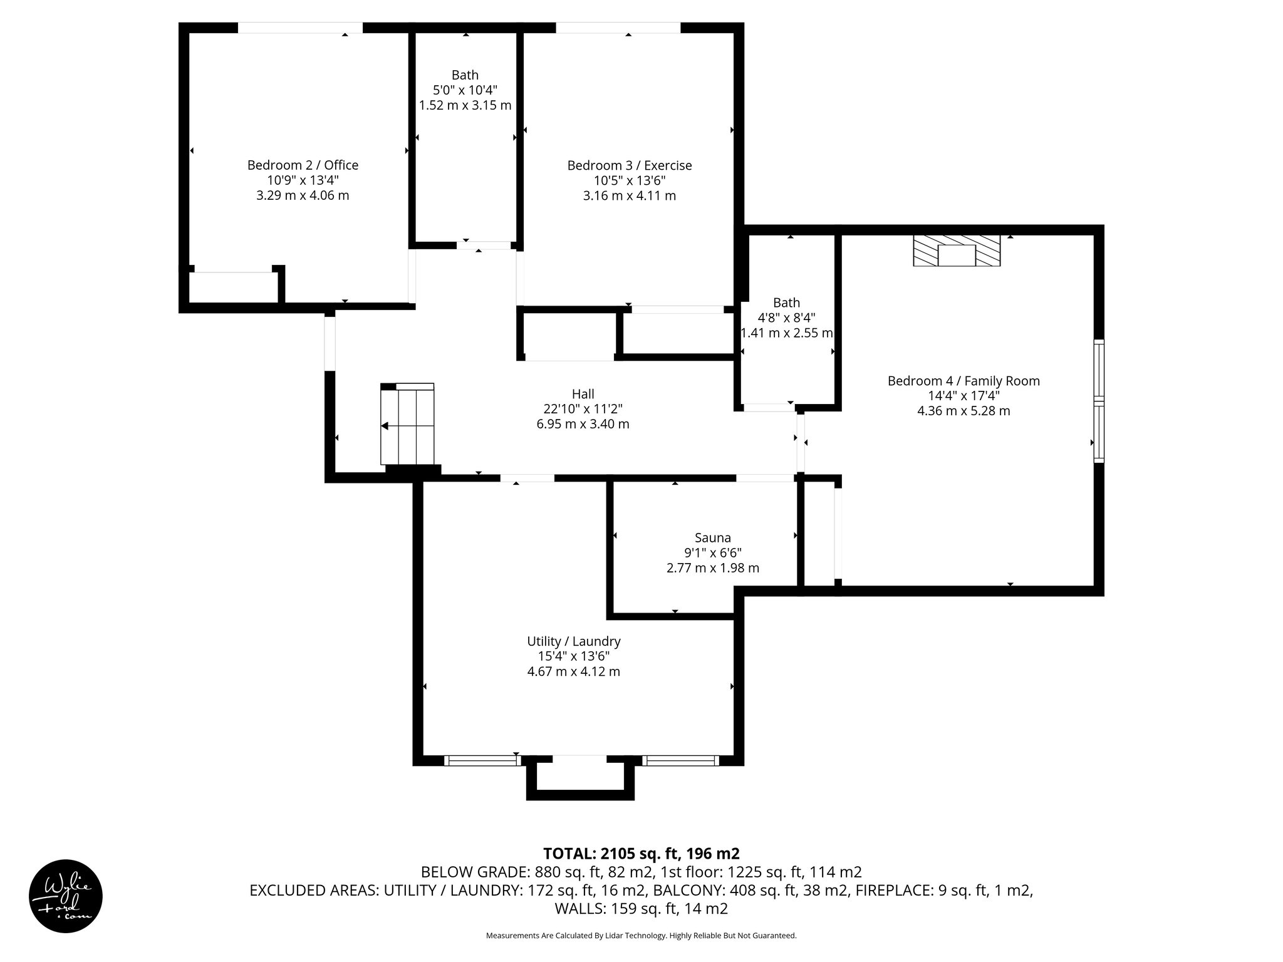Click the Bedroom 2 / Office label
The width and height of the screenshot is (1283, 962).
[x=303, y=165]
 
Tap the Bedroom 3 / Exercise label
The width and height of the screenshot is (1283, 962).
[x=629, y=165]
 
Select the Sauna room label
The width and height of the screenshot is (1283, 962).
[x=712, y=537]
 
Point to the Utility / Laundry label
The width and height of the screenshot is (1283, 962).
[x=573, y=641]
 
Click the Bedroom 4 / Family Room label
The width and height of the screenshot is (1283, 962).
[x=963, y=381]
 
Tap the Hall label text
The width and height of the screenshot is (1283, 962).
[x=583, y=394]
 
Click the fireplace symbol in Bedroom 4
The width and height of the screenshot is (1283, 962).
[x=956, y=251]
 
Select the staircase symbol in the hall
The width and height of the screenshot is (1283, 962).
[x=407, y=425]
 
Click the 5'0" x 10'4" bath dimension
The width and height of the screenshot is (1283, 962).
[x=465, y=90]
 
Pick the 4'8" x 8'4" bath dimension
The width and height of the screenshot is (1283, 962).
[x=786, y=318]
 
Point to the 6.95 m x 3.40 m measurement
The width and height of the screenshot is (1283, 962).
[x=583, y=424]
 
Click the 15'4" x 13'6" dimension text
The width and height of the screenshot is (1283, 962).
[x=573, y=656]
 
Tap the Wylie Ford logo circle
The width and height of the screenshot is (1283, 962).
[x=66, y=896]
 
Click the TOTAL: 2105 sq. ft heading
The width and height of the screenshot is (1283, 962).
[x=641, y=854]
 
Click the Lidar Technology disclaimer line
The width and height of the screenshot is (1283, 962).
[x=641, y=936]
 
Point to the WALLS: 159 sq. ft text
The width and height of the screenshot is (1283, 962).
[x=641, y=908]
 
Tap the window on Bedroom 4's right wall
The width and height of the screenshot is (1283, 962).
[x=1099, y=401]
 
